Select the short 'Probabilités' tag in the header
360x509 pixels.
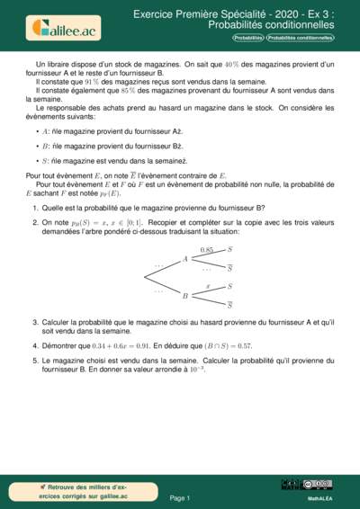248,38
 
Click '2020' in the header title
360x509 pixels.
250,15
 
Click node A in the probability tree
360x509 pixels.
184,259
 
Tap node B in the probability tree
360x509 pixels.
184,295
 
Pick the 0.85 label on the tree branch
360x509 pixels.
207,248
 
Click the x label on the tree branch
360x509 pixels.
208,285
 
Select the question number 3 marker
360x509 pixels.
34,321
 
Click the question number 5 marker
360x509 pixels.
34,358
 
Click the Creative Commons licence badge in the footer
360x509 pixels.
319,484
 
